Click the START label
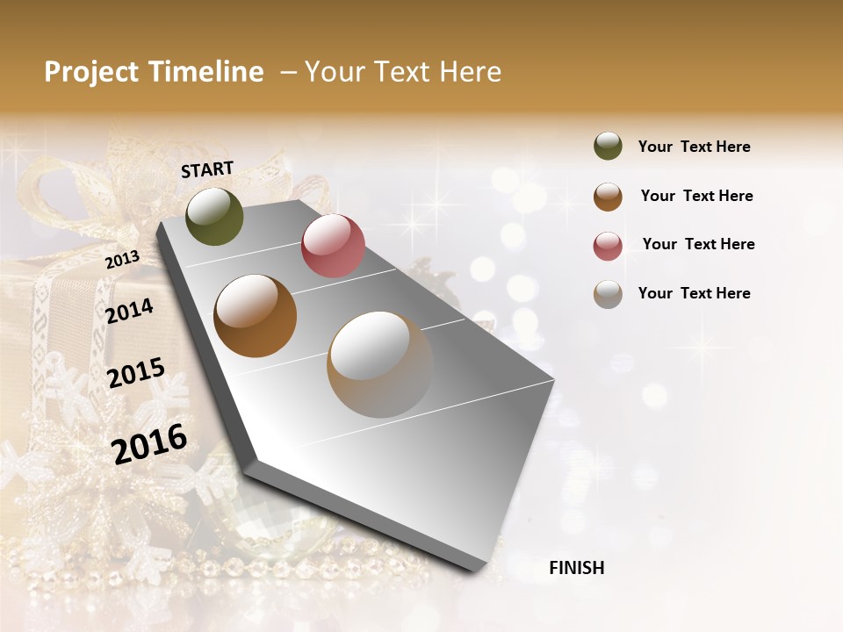(x=207, y=169)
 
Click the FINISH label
(x=576, y=568)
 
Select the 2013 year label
(x=122, y=260)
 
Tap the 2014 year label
(x=129, y=311)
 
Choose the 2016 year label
(x=149, y=443)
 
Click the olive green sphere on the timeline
(x=214, y=216)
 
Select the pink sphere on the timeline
(x=333, y=246)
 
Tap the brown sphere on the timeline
(x=256, y=316)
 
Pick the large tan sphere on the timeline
(x=380, y=364)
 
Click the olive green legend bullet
(x=608, y=146)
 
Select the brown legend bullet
(x=608, y=197)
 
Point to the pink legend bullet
(x=608, y=246)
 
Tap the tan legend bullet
(x=608, y=294)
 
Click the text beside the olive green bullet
(x=694, y=147)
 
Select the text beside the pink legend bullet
(x=698, y=244)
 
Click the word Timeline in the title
(x=205, y=72)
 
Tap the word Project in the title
(x=90, y=72)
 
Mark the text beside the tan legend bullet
(x=694, y=293)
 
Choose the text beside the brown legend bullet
(x=696, y=196)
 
